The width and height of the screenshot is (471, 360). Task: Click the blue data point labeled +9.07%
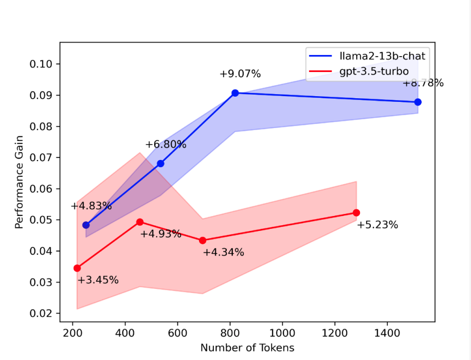tap(235, 93)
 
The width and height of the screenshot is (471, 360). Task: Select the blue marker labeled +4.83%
tap(86, 225)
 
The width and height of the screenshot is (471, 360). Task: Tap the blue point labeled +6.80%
tap(160, 164)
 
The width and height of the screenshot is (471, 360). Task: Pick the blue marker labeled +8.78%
tap(418, 102)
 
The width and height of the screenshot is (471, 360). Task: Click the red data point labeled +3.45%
tap(77, 268)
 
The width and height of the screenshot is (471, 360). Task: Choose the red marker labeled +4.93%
tap(140, 222)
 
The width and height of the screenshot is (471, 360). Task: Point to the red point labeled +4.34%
tap(203, 240)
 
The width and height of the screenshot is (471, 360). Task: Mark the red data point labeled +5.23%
tap(356, 213)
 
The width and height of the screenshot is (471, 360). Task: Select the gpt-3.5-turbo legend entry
tap(374, 71)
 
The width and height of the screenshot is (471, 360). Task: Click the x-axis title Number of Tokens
tap(247, 348)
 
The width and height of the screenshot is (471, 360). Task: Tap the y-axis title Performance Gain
tap(19, 189)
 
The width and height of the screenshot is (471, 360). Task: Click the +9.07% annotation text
tap(240, 74)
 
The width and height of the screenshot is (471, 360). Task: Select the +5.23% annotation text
tap(377, 225)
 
